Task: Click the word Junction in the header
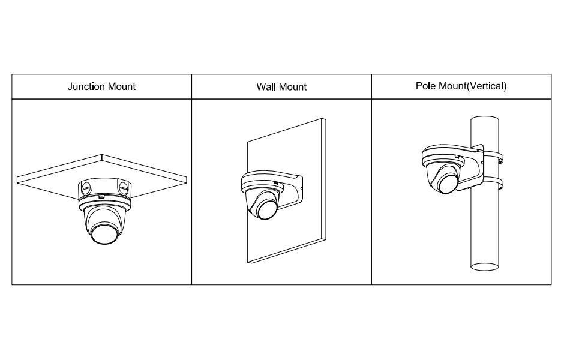(86, 86)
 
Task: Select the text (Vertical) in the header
(487, 86)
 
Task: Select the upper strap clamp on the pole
(493, 158)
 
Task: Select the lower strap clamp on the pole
(493, 184)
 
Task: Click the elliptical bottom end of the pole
(485, 266)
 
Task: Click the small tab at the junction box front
(102, 196)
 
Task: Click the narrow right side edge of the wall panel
(324, 179)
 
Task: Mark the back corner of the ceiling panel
(102, 155)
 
